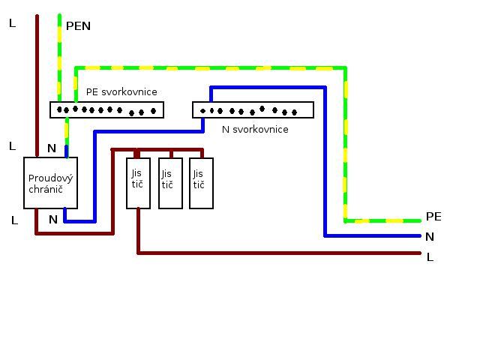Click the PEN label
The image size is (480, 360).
(78, 26)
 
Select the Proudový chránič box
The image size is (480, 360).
(50, 183)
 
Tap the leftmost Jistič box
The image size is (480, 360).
(138, 183)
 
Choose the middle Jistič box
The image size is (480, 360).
(170, 183)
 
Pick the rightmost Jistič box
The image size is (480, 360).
(201, 183)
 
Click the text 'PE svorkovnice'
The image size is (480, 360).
(121, 91)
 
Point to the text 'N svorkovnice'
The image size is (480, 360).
(255, 130)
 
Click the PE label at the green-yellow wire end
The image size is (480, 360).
(433, 217)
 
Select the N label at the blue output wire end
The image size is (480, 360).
(430, 237)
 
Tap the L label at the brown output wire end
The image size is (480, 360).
(430, 257)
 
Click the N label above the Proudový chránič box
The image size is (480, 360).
(52, 148)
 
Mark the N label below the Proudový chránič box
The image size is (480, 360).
(53, 220)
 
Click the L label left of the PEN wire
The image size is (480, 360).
(12, 23)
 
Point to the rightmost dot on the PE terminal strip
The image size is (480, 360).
(153, 111)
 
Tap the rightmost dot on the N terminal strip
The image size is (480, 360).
(294, 112)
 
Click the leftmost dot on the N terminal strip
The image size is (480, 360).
(202, 111)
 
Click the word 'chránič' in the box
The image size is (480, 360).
(46, 190)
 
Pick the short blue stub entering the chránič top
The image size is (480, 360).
(67, 151)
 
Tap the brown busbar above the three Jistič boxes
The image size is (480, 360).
(157, 150)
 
